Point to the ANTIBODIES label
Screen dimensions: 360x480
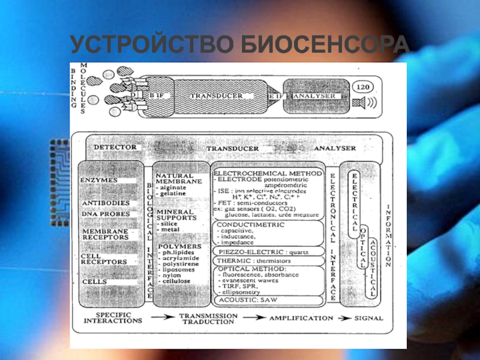click(105, 203)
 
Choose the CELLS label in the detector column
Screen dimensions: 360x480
click(94, 281)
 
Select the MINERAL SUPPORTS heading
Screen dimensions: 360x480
click(175, 215)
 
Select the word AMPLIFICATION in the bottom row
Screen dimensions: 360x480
click(301, 318)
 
